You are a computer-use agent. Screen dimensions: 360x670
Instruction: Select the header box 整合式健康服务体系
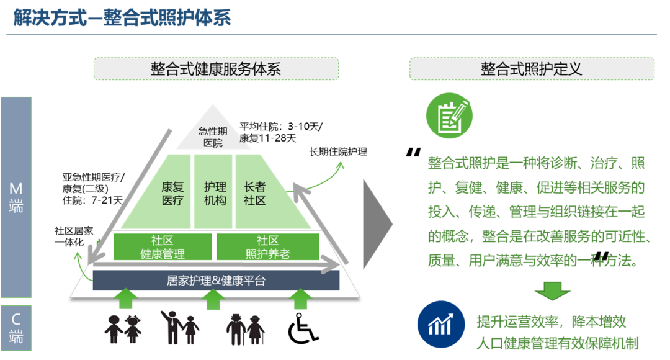(x=216, y=69)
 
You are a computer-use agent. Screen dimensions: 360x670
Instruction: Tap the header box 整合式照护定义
(x=532, y=69)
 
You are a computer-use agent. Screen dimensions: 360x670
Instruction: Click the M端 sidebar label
(x=16, y=197)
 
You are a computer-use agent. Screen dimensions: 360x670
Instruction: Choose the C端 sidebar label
(x=16, y=328)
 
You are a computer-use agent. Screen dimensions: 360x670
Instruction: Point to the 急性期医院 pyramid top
(x=210, y=137)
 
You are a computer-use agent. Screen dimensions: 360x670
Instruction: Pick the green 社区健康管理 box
(x=163, y=247)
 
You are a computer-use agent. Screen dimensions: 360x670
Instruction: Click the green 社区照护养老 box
(x=267, y=247)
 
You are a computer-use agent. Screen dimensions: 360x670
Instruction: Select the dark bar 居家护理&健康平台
(x=216, y=281)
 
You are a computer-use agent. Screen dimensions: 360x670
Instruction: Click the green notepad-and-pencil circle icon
(x=449, y=117)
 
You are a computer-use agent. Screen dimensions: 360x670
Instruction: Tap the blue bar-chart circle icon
(x=441, y=324)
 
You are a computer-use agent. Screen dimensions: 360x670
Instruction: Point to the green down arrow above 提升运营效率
(x=553, y=290)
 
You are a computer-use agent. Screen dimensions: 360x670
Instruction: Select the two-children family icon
(x=122, y=329)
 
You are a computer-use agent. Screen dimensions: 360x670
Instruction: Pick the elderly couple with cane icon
(x=245, y=329)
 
